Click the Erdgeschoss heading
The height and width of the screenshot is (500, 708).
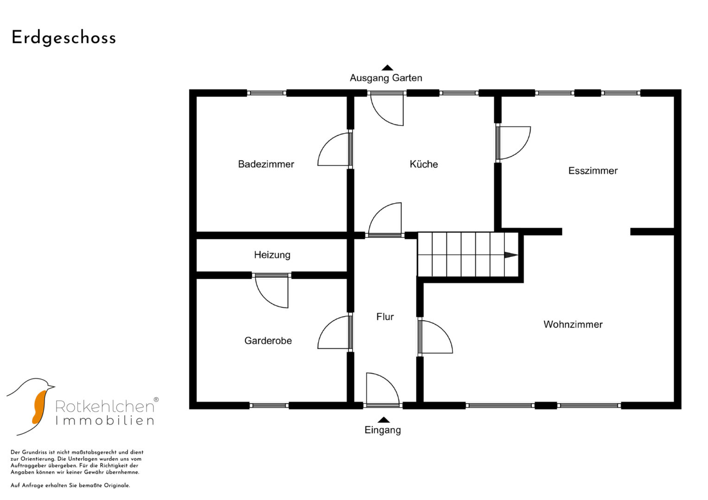(x=64, y=38)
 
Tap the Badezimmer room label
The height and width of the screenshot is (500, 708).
(x=266, y=164)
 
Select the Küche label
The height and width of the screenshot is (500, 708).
(x=423, y=164)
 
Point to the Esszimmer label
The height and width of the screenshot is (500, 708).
(x=593, y=171)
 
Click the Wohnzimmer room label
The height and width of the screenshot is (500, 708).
(x=573, y=324)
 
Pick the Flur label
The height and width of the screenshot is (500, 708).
(x=385, y=317)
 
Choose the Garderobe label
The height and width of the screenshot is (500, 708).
(x=268, y=341)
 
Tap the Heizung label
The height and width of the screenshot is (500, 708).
(x=272, y=255)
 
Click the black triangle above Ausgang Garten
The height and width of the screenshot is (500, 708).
(x=387, y=68)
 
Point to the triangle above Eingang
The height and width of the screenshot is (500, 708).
(x=384, y=420)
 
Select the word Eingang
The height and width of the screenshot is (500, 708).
(x=383, y=430)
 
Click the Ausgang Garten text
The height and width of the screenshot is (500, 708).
(x=386, y=78)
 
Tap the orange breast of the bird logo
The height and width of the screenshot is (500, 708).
(x=39, y=407)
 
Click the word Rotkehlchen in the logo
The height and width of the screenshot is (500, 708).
(x=105, y=406)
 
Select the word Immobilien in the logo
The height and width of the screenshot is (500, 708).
(x=105, y=420)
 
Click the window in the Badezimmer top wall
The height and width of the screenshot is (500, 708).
(x=267, y=93)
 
